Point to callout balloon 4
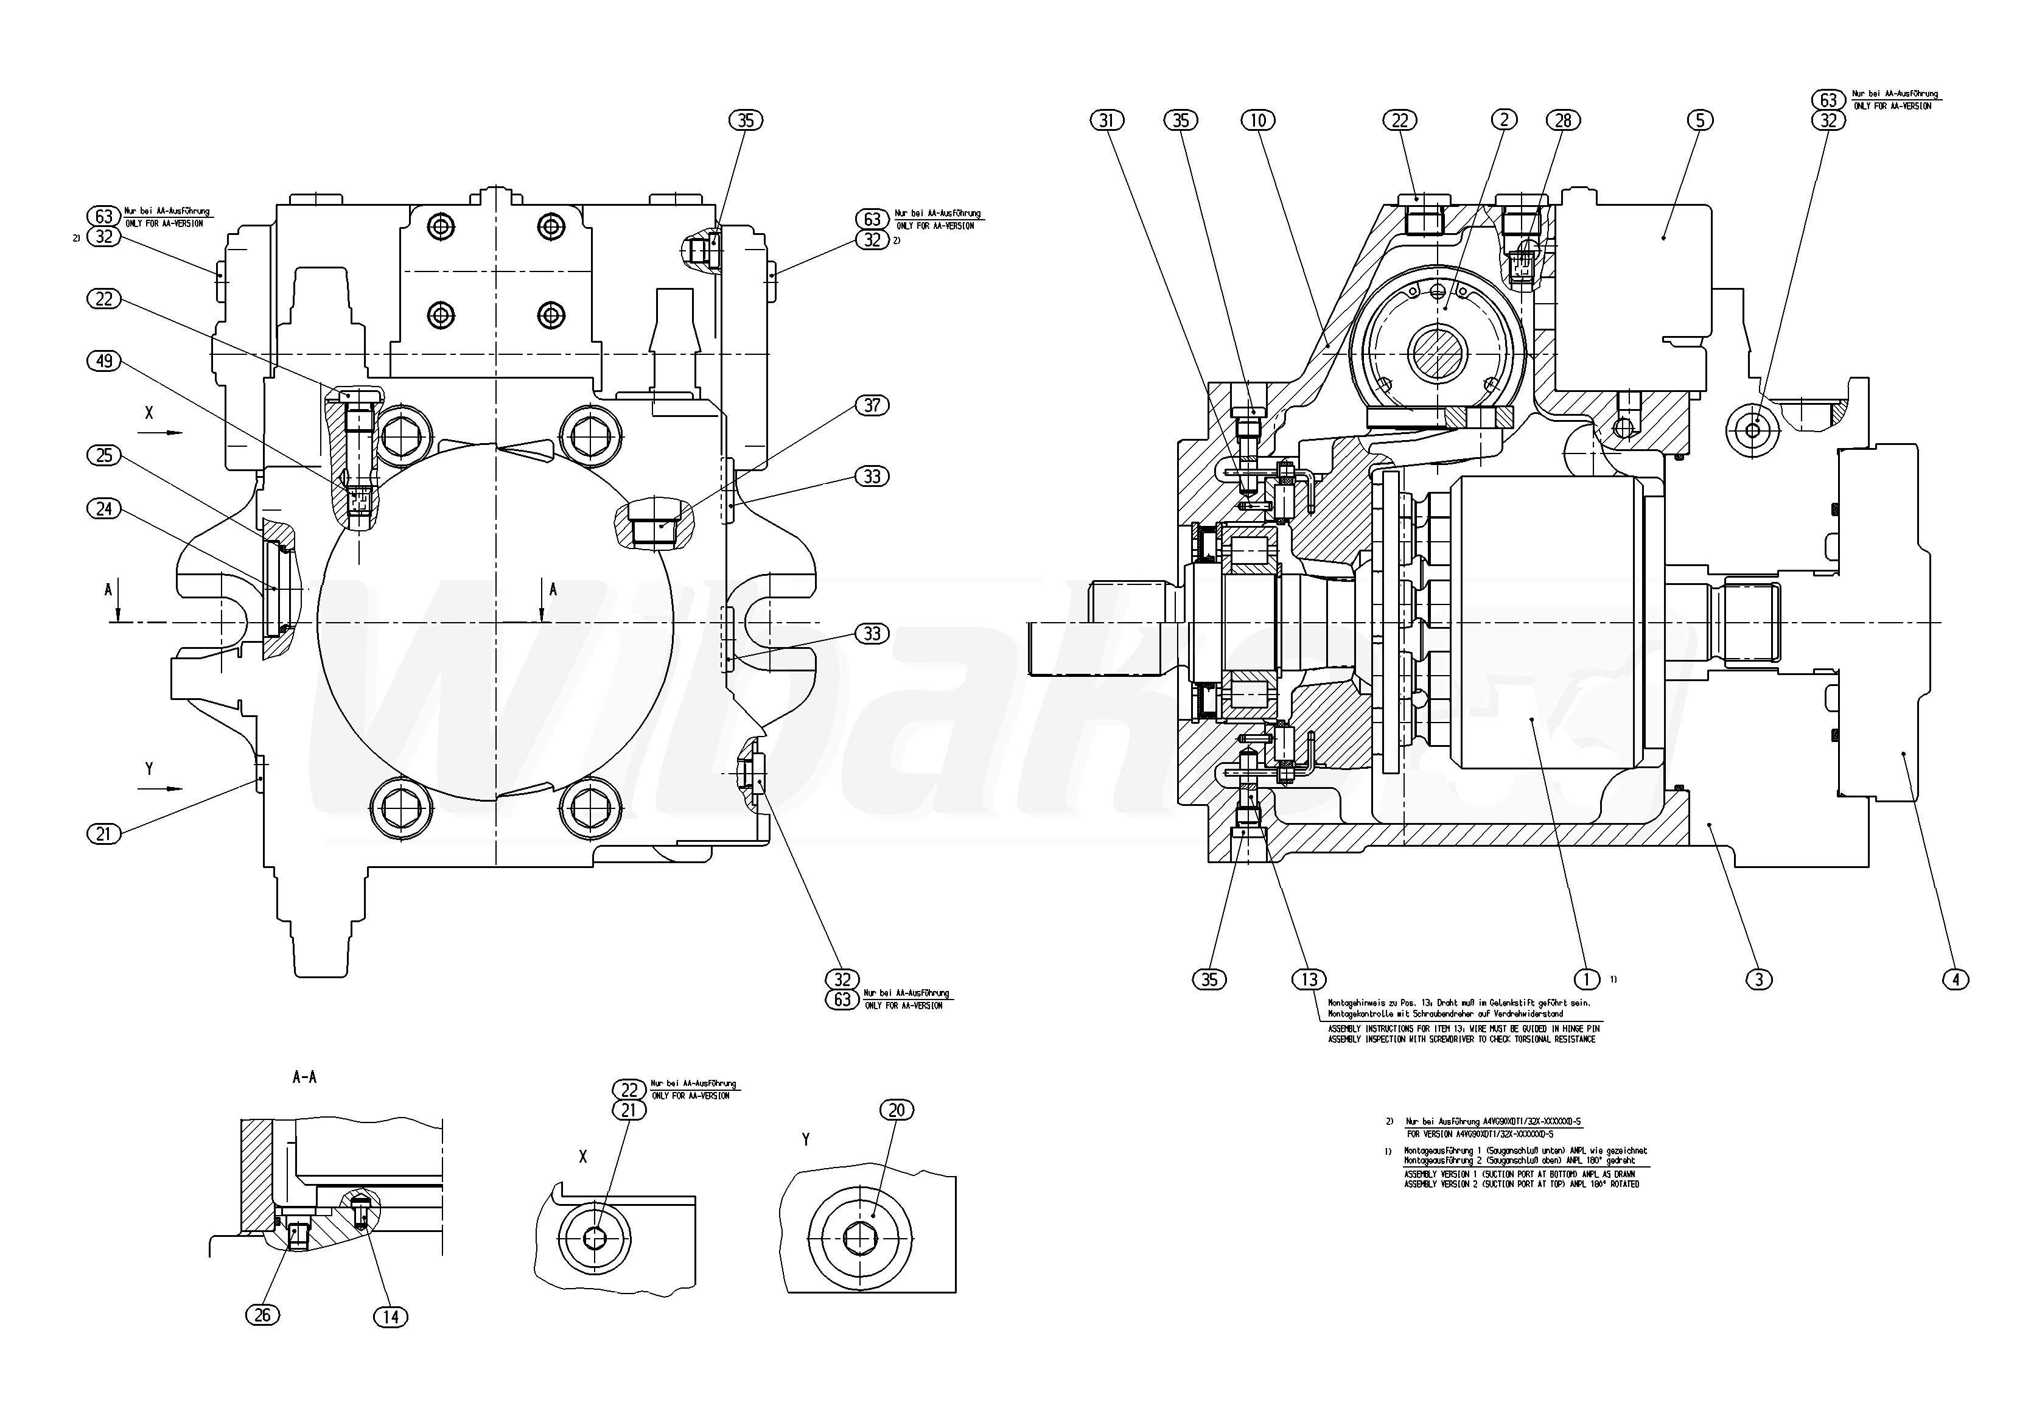pos(1955,979)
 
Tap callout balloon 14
pos(391,1316)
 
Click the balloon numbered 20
pos(896,1110)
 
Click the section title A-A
pos(304,1077)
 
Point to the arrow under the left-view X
pos(162,432)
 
